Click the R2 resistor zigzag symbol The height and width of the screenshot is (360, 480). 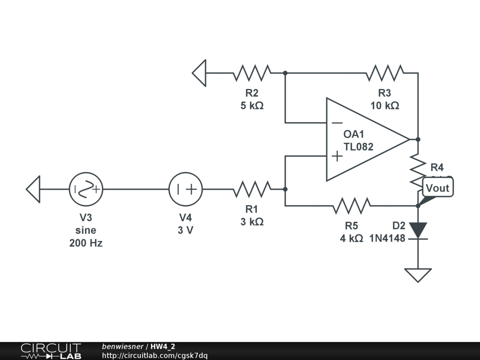(x=252, y=73)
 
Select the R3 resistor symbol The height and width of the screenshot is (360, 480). (x=385, y=73)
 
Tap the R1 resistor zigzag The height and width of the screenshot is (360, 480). (x=252, y=189)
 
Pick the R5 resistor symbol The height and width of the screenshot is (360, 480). (x=352, y=205)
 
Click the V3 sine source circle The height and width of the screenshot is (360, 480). (x=86, y=189)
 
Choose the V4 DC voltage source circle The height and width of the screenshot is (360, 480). (x=186, y=189)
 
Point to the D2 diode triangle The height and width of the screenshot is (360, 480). (x=418, y=230)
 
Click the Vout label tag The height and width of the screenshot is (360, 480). (x=438, y=188)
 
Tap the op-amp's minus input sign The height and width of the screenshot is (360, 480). (x=337, y=123)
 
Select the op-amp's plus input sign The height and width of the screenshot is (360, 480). (x=337, y=156)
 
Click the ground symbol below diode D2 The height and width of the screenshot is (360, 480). (x=418, y=275)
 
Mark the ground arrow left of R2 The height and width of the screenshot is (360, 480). (x=200, y=73)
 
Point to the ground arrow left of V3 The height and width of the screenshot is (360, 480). (x=33, y=189)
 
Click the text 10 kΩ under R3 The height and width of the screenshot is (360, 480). (x=385, y=105)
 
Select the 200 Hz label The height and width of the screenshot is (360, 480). (x=86, y=243)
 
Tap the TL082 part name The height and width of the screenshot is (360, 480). (x=359, y=147)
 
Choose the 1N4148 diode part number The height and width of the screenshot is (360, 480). (x=387, y=238)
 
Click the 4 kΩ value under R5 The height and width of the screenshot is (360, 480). (x=352, y=238)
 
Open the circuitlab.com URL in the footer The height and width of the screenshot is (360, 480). (x=155, y=356)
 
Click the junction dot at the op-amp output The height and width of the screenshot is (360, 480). (x=418, y=139)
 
